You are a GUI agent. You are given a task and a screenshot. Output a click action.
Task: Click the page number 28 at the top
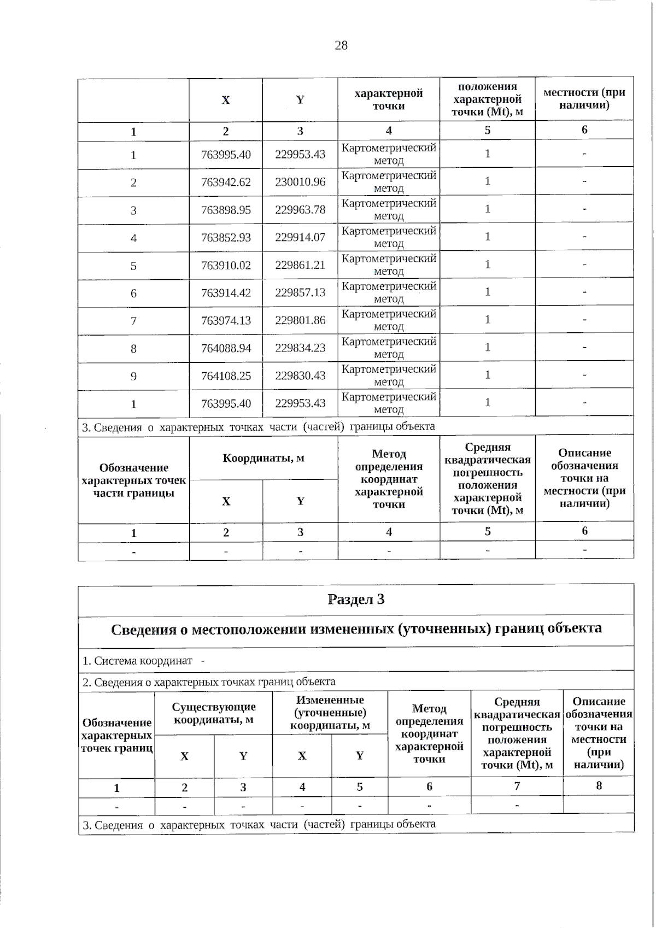(x=341, y=45)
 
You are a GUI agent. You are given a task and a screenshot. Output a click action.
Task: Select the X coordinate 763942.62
(x=226, y=182)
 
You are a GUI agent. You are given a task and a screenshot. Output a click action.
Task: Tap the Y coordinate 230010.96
(x=300, y=181)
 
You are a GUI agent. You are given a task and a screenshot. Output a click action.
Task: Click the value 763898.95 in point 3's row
(x=226, y=210)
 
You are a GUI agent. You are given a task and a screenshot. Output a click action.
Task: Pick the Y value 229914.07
(x=300, y=237)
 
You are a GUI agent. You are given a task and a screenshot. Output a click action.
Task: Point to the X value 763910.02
(x=226, y=265)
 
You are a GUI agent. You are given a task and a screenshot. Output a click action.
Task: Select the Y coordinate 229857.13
(x=300, y=292)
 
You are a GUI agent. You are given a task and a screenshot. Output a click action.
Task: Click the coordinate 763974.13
(x=226, y=320)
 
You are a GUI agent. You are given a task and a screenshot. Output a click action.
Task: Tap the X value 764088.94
(x=226, y=348)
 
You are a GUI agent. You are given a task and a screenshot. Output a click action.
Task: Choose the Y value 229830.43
(x=300, y=375)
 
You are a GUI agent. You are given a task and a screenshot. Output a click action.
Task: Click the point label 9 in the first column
(x=133, y=377)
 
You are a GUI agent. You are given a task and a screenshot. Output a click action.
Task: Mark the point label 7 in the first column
(x=133, y=321)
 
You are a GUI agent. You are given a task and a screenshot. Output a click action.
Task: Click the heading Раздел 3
(x=356, y=600)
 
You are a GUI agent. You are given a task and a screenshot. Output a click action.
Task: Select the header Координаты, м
(x=263, y=458)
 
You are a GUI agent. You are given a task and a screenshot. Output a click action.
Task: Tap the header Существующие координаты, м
(x=213, y=713)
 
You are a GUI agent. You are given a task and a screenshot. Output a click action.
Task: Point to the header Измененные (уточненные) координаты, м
(x=330, y=713)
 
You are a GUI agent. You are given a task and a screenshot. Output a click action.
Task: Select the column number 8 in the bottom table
(x=599, y=786)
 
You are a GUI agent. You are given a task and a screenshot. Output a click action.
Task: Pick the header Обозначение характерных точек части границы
(x=133, y=480)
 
